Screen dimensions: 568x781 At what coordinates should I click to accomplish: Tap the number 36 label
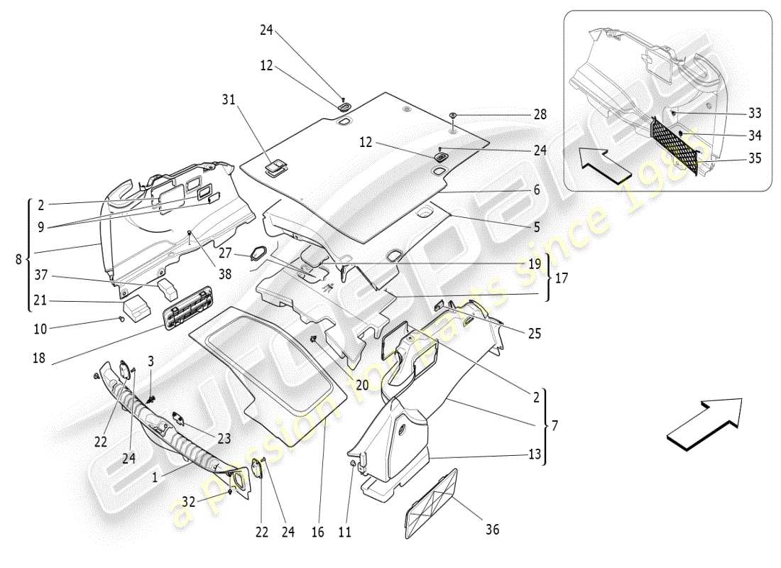pos(491,529)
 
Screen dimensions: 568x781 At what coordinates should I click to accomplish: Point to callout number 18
pos(38,359)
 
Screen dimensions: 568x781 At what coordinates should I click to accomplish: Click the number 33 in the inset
pos(754,113)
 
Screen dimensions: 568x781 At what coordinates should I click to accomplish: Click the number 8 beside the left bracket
pos(18,260)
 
